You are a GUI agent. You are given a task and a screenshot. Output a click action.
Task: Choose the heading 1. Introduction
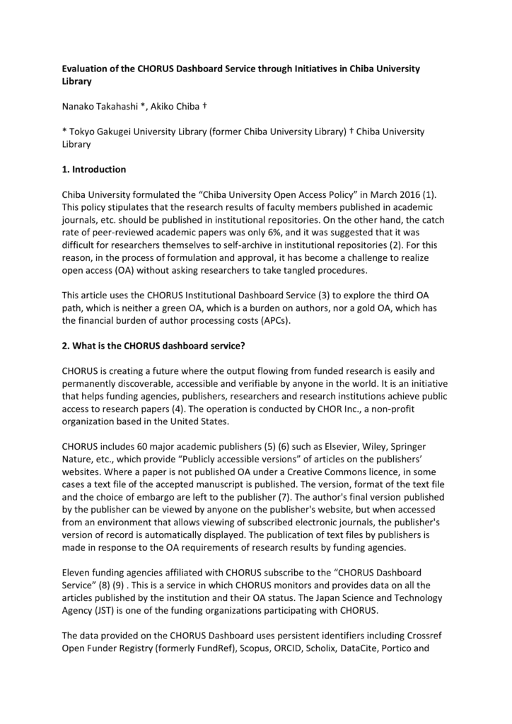coord(94,170)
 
